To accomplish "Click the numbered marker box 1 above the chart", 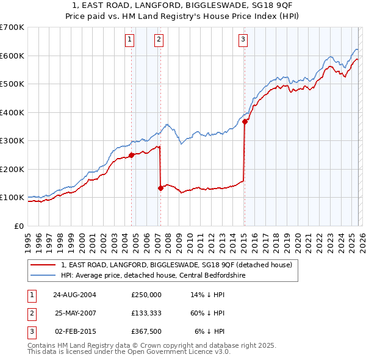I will tap(130, 40).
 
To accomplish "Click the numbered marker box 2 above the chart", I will tap(159, 40).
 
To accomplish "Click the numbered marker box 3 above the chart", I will tap(243, 40).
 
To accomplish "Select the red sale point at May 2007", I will tap(160, 188).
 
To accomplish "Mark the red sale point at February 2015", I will tap(245, 121).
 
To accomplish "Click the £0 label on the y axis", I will tap(19, 226).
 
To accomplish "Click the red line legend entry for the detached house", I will tap(176, 265).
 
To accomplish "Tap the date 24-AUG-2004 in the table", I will tap(74, 294).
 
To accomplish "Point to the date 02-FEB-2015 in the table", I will tap(74, 331).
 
